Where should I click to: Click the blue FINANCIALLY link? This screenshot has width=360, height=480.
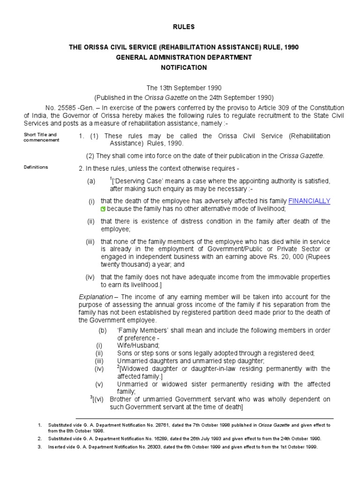pos(309,201)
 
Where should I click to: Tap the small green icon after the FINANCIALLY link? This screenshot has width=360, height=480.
pos(103,209)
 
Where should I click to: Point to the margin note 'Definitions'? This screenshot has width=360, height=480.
pos(36,167)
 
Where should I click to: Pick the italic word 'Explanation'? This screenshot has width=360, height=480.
pos(96,297)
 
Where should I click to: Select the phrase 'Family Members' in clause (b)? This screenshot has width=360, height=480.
pos(139,330)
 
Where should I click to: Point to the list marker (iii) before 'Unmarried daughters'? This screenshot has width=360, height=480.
pos(99,360)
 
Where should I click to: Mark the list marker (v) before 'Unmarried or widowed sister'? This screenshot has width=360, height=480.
pos(99,384)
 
